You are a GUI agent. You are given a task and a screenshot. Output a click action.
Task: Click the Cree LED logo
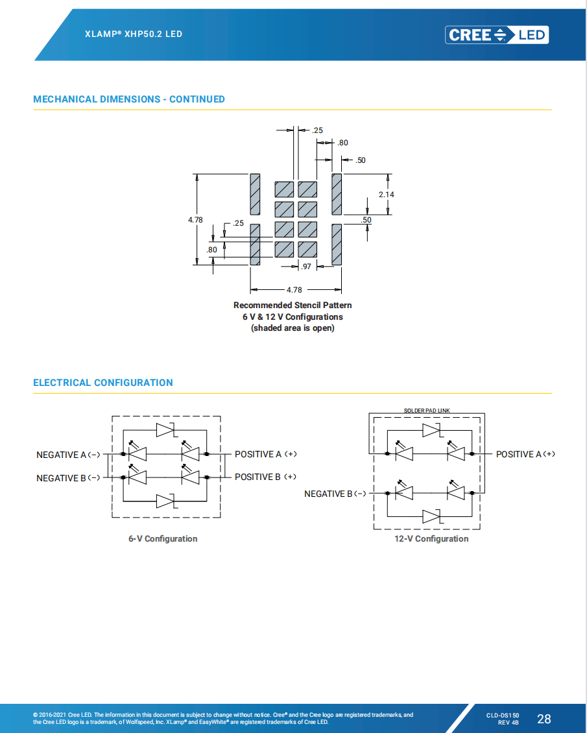pyautogui.click(x=497, y=34)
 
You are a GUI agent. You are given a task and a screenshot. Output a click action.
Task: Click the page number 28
pyautogui.click(x=544, y=719)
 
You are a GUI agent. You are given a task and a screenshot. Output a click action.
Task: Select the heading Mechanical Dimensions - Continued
pyautogui.click(x=129, y=99)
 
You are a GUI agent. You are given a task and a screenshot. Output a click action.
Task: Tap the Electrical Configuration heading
pyautogui.click(x=103, y=383)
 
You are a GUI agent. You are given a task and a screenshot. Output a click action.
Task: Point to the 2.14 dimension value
pyautogui.click(x=387, y=194)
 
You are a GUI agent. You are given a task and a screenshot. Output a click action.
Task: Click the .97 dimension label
pyautogui.click(x=306, y=266)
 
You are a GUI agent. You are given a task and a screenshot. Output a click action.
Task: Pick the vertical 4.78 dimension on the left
pyautogui.click(x=195, y=220)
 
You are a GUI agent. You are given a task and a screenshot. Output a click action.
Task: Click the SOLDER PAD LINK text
pyautogui.click(x=426, y=411)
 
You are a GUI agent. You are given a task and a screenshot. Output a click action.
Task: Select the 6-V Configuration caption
pyautogui.click(x=163, y=538)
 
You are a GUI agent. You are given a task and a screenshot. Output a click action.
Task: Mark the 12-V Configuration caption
pyautogui.click(x=431, y=538)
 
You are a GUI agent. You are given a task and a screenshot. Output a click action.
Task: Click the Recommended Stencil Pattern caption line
pyautogui.click(x=293, y=305)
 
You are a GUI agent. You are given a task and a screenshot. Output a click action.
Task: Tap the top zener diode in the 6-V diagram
pyautogui.click(x=166, y=429)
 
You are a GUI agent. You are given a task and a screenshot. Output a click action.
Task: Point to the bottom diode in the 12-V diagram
pyautogui.click(x=432, y=516)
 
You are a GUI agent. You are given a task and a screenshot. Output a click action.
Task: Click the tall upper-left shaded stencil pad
pyautogui.click(x=255, y=194)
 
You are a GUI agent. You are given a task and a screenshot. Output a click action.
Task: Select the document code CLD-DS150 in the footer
pyautogui.click(x=503, y=715)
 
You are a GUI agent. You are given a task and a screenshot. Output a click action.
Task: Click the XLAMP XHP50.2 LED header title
pyautogui.click(x=134, y=34)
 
